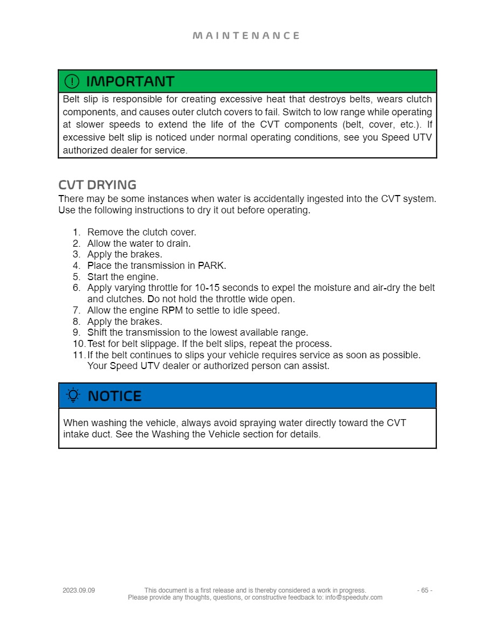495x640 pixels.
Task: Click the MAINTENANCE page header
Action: pos(246,36)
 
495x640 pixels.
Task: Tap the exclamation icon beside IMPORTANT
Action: pos(72,81)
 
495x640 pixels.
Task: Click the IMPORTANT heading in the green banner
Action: pos(130,81)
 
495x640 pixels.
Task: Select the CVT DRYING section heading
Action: pos(97,185)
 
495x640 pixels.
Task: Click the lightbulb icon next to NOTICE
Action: pos(72,395)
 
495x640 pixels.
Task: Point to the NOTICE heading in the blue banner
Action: pos(114,396)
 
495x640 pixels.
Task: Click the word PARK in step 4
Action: pos(211,266)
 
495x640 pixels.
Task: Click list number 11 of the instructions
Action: pos(78,355)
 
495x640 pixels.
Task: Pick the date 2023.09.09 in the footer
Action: pos(79,590)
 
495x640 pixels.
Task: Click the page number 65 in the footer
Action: pos(425,590)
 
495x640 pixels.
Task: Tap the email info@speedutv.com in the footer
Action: pos(353,597)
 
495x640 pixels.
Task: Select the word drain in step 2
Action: pos(178,244)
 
